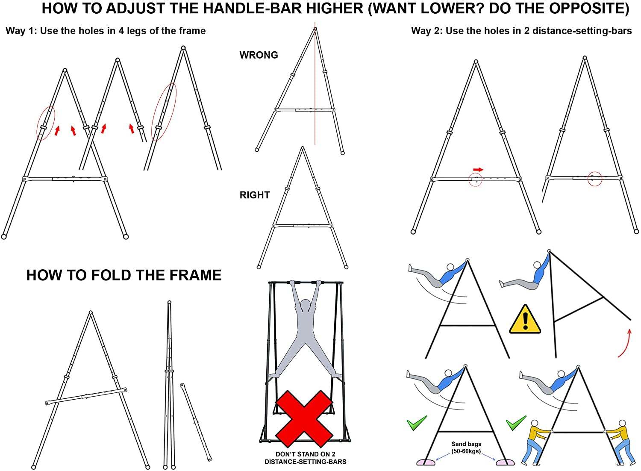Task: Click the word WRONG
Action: pos(259,55)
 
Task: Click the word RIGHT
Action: pos(255,195)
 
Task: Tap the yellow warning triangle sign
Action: pos(525,319)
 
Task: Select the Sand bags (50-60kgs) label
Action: pos(466,447)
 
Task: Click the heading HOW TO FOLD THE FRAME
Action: pos(124,275)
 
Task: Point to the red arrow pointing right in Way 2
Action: pos(478,169)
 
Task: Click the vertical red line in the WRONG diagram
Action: pos(315,83)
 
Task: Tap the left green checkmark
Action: pos(416,423)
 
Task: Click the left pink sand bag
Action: pos(426,462)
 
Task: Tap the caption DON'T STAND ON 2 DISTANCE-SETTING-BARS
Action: pos(305,458)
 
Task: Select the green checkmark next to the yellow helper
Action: pos(516,423)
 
